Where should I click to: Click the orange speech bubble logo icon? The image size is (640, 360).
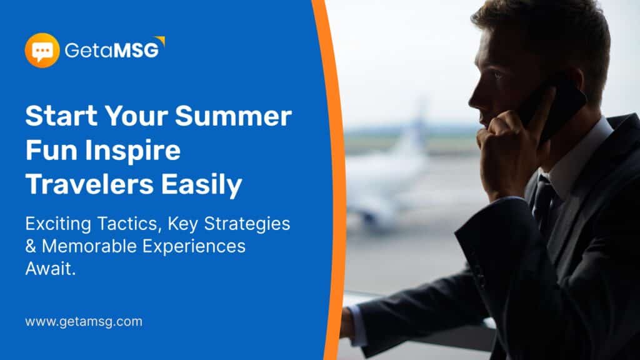(x=42, y=50)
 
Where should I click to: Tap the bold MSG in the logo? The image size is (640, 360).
(x=136, y=51)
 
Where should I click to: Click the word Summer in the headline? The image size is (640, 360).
(x=233, y=116)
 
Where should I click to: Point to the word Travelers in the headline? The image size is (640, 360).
(x=89, y=184)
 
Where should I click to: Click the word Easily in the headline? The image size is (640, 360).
(x=202, y=185)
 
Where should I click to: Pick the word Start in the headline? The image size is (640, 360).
(x=62, y=116)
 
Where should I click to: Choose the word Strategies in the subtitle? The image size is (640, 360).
(x=247, y=224)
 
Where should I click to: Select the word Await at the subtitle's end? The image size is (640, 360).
(x=50, y=269)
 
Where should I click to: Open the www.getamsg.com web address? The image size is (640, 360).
(x=84, y=322)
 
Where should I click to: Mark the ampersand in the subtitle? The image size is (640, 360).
(x=31, y=246)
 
